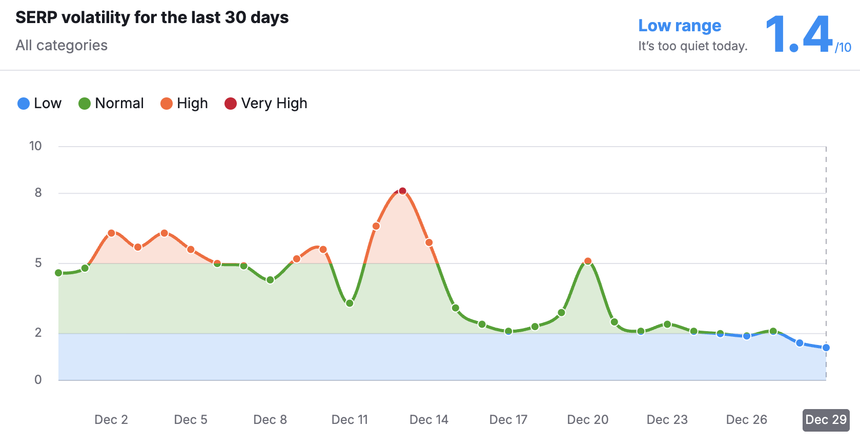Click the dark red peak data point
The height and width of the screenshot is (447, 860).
pos(402,191)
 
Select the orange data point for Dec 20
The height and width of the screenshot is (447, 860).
pos(588,261)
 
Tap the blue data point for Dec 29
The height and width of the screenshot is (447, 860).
pos(826,348)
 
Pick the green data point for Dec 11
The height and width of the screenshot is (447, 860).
pos(350,303)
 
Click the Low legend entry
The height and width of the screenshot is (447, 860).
pos(39,104)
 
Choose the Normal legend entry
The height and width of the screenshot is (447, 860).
pos(111,104)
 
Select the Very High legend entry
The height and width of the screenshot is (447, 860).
pos(265,104)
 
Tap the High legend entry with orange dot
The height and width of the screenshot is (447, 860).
pos(184,104)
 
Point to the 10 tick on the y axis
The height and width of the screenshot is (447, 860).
pos(35,146)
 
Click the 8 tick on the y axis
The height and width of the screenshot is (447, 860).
pos(38,193)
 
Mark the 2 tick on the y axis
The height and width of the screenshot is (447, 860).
pos(38,333)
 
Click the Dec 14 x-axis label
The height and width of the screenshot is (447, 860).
pos(428,420)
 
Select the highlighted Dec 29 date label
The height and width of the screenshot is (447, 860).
pos(826,420)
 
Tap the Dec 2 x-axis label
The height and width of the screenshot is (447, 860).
pos(111,420)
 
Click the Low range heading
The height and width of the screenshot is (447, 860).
pos(679,26)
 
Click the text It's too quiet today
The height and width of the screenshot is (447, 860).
pos(692,46)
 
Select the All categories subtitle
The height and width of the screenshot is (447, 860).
pos(62,46)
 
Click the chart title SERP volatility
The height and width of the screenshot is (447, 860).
pos(152,17)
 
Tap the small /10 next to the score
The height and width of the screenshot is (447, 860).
pos(843,48)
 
